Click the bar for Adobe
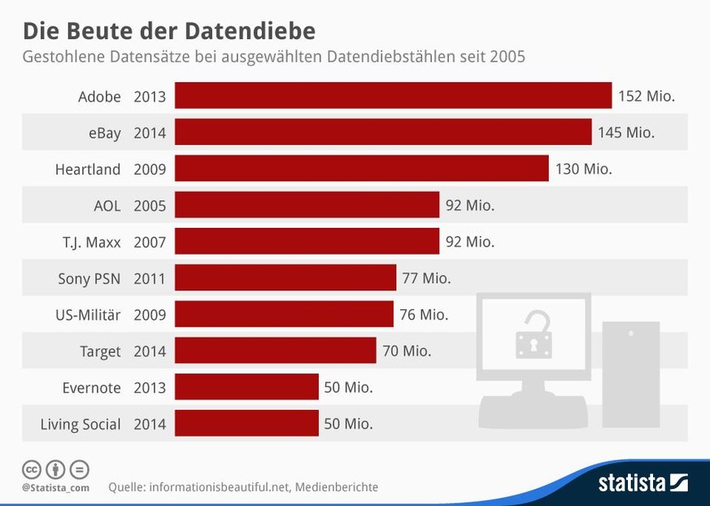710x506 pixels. pyautogui.click(x=393, y=96)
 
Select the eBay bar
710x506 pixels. pyautogui.click(x=383, y=133)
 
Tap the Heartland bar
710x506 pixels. pyautogui.click(x=362, y=169)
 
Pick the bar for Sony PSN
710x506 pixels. pyautogui.click(x=285, y=278)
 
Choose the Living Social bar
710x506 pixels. pyautogui.click(x=246, y=424)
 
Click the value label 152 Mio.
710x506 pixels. pyautogui.click(x=647, y=96)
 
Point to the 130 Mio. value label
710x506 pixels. pyautogui.click(x=583, y=169)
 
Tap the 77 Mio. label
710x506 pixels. pyautogui.click(x=426, y=278)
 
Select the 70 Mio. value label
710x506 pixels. pyautogui.click(x=407, y=351)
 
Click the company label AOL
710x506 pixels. pyautogui.click(x=107, y=206)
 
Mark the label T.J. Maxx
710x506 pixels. pyautogui.click(x=90, y=242)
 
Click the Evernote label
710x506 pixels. pyautogui.click(x=91, y=388)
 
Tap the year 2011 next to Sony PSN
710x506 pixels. pyautogui.click(x=150, y=278)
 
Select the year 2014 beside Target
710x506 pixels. pyautogui.click(x=150, y=351)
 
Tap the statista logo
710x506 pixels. pyautogui.click(x=642, y=482)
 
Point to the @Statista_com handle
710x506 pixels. pyautogui.click(x=55, y=487)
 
